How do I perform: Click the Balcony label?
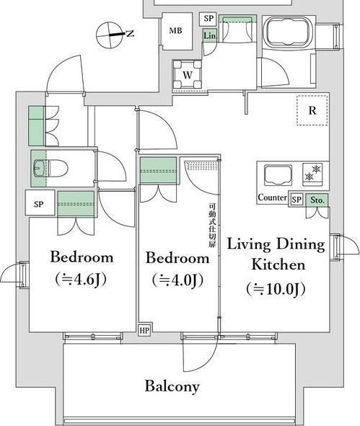pyautogui.click(x=172, y=386)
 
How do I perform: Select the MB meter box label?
pyautogui.click(x=175, y=30)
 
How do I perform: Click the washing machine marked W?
pyautogui.click(x=188, y=74)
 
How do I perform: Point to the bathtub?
pyautogui.click(x=289, y=32)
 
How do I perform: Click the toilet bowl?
pyautogui.click(x=51, y=169)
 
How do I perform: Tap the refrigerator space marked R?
pyautogui.click(x=312, y=110)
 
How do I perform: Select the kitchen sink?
pyautogui.click(x=278, y=175)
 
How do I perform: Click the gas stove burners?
pyautogui.click(x=312, y=173)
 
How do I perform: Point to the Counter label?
pyautogui.click(x=272, y=198)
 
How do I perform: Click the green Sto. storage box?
pyautogui.click(x=317, y=200)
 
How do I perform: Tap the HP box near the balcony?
pyautogui.click(x=144, y=330)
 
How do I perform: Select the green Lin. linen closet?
pyautogui.click(x=210, y=35)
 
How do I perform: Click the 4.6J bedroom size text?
pyautogui.click(x=81, y=280)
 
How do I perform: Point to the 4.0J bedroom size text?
pyautogui.click(x=177, y=280)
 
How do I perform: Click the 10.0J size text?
pyautogui.click(x=276, y=289)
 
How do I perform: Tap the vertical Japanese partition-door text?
pyautogui.click(x=212, y=226)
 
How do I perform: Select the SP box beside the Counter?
pyautogui.click(x=297, y=200)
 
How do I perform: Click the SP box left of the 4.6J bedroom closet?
pyautogui.click(x=40, y=203)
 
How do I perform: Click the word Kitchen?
pyautogui.click(x=278, y=265)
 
